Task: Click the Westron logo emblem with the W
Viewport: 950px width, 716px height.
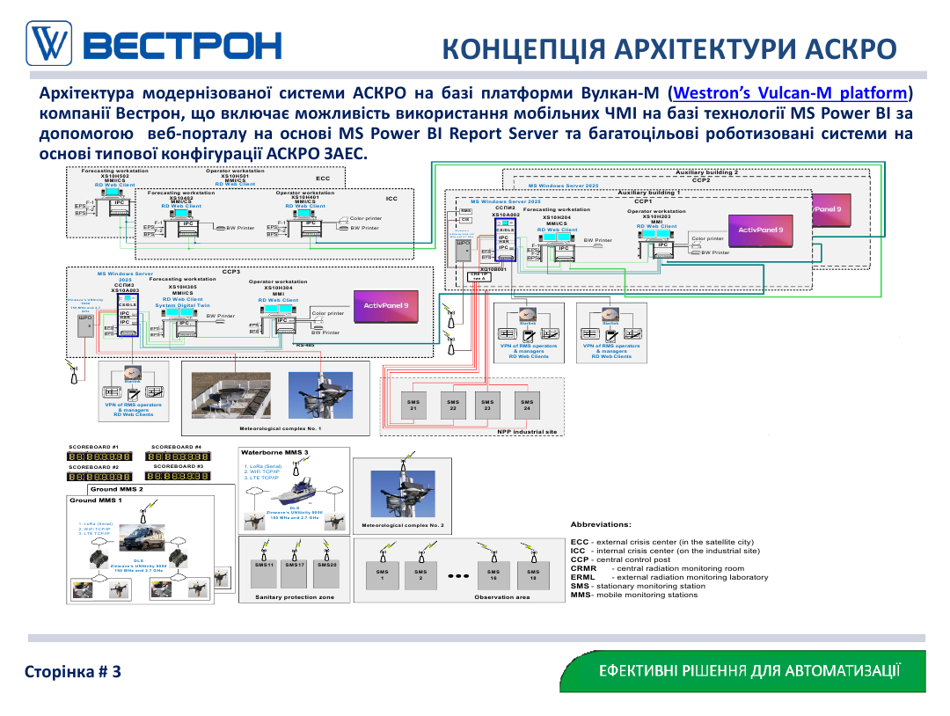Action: (x=51, y=43)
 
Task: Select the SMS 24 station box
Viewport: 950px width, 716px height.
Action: (x=526, y=405)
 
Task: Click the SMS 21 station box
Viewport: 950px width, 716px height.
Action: (x=413, y=405)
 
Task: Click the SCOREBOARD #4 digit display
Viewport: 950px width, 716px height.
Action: (x=179, y=457)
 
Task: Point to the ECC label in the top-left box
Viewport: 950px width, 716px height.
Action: (x=323, y=178)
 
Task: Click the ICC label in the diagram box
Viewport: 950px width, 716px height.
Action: (x=391, y=199)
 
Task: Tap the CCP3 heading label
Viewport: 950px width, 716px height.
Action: (x=231, y=272)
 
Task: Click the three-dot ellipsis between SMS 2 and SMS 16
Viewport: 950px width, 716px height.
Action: (x=457, y=577)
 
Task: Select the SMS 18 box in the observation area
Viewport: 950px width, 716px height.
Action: (x=533, y=575)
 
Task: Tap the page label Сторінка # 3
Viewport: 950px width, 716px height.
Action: (x=72, y=672)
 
